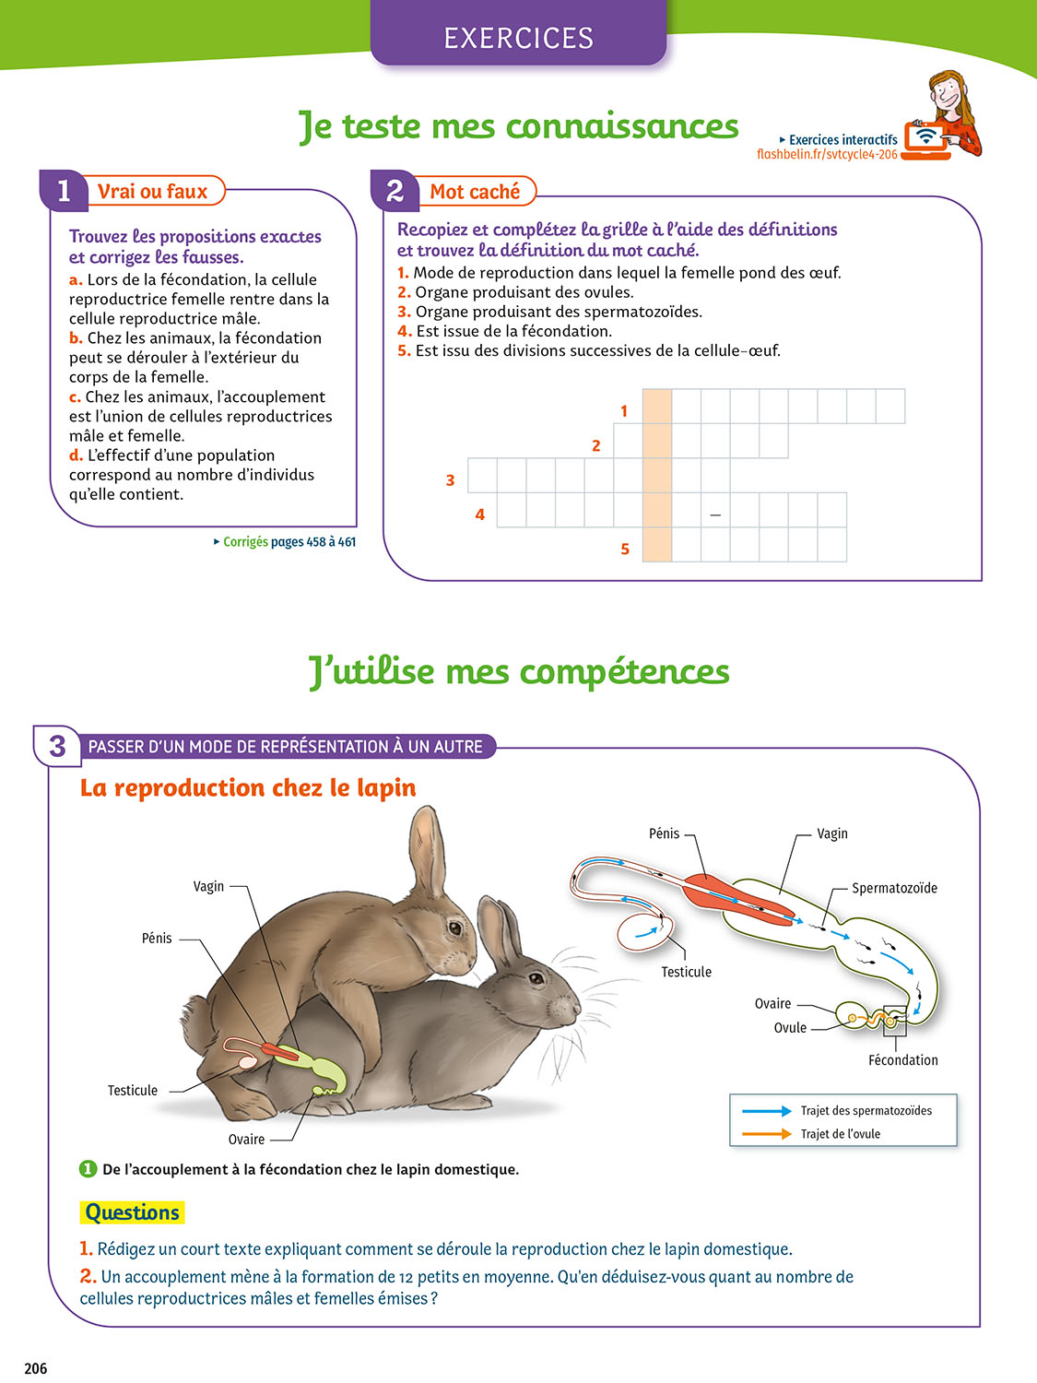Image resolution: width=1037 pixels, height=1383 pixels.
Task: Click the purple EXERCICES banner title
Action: [518, 38]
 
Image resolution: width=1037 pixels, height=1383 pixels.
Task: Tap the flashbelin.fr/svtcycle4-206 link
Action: [827, 154]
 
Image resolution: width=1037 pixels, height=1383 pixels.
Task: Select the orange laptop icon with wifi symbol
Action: [925, 140]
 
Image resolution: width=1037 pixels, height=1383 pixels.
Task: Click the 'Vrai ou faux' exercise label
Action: [152, 191]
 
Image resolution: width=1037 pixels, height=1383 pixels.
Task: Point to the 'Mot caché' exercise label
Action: [475, 192]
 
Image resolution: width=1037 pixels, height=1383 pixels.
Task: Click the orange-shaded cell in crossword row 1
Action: [656, 407]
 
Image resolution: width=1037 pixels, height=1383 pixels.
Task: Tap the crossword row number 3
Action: [450, 480]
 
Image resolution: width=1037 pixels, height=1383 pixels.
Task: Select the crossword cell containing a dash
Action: [715, 510]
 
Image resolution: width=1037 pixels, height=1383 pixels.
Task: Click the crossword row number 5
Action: [625, 549]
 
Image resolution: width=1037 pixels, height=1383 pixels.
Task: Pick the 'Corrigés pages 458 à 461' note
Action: [285, 542]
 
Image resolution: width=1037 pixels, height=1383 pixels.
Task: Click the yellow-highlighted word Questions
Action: [132, 1212]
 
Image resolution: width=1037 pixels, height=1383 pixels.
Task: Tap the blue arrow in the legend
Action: [766, 1111]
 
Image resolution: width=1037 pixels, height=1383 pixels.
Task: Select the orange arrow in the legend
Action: [766, 1134]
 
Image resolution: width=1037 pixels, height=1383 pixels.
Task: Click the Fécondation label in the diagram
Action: [903, 1060]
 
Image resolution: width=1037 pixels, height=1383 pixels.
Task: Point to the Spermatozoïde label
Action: [894, 889]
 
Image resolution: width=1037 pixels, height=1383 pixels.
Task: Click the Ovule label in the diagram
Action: [790, 1028]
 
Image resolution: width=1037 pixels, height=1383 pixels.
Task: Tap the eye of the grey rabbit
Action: [536, 978]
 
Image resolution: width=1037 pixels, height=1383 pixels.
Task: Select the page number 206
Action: [36, 1368]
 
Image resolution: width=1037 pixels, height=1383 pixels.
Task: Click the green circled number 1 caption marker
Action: [88, 1169]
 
